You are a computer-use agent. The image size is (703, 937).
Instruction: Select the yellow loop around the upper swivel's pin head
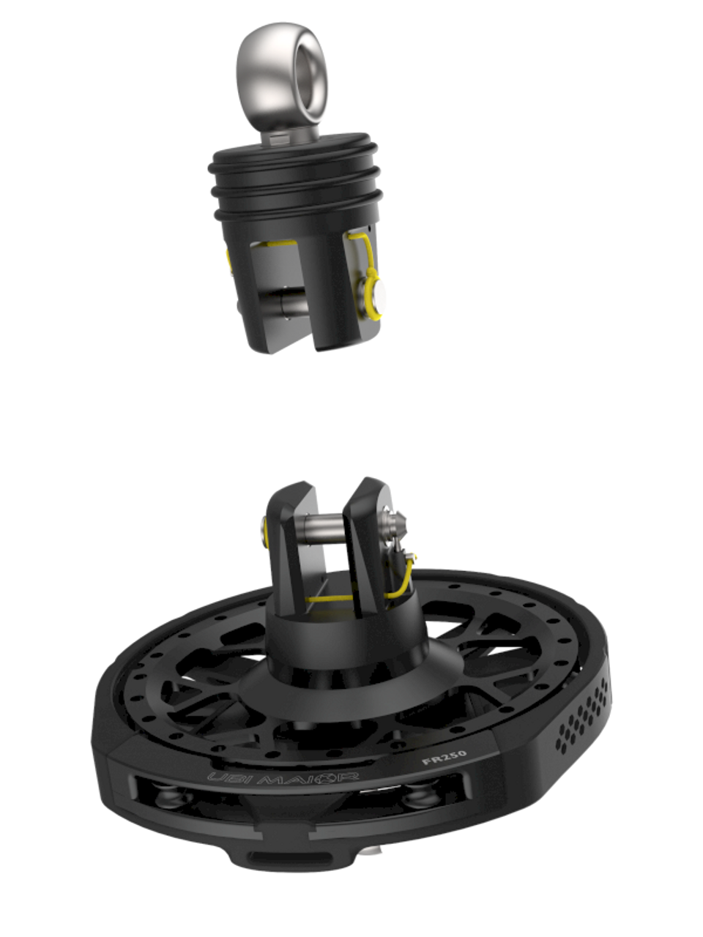coord(372,294)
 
